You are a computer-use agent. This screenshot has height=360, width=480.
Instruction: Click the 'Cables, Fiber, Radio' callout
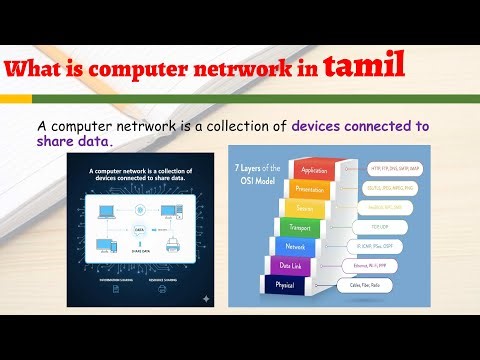pos(390,285)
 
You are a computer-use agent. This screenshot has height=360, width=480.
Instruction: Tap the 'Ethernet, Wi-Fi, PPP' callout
pos(390,265)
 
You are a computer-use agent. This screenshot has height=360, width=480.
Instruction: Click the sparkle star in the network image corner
pos(205,298)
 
